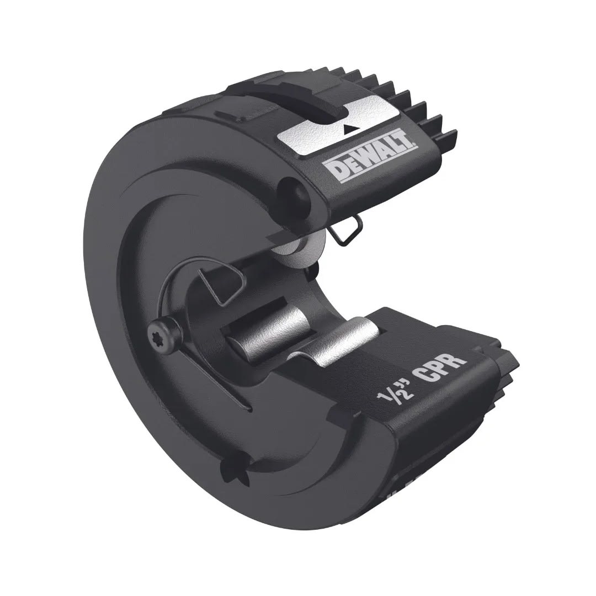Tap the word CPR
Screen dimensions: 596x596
click(x=442, y=370)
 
